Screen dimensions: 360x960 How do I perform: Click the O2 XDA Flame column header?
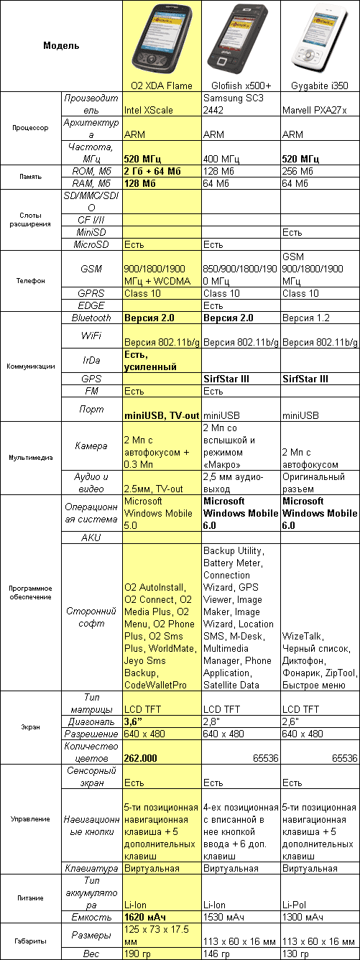[x=162, y=86]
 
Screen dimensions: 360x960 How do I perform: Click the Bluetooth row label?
[x=92, y=318]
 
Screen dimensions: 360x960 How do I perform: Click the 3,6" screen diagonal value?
[x=137, y=721]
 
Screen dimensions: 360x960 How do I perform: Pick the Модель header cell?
[x=62, y=46]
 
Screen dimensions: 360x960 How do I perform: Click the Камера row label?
[x=92, y=446]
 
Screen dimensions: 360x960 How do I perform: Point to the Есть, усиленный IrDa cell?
[x=151, y=361]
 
